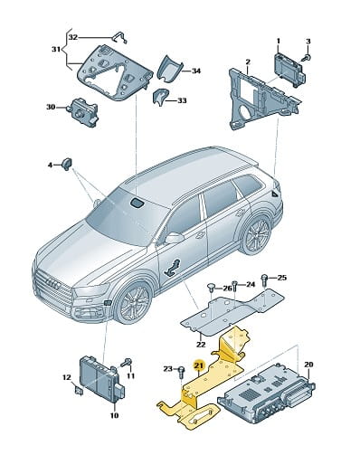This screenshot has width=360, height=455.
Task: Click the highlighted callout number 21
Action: tap(199, 365)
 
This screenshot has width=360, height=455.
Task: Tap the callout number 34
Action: tap(196, 71)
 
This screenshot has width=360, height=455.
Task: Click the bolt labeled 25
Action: tap(264, 279)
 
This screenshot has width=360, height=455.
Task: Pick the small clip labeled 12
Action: tap(79, 391)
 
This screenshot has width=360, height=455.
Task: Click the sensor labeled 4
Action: tap(67, 163)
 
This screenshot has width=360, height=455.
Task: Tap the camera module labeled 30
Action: tap(83, 110)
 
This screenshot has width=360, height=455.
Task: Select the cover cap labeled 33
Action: tap(161, 98)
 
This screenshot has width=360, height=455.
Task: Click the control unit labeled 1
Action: tap(290, 69)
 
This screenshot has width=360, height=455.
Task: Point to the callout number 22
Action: tap(201, 345)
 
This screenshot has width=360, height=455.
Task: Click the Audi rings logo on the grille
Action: tap(53, 282)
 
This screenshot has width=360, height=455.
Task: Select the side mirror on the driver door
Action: tap(174, 238)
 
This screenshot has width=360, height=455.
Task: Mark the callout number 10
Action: tap(114, 415)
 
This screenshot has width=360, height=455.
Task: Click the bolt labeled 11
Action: tap(127, 363)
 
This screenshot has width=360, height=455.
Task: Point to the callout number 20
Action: tap(308, 365)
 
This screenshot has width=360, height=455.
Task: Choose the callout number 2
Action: tap(248, 62)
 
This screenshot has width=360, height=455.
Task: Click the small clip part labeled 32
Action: tap(120, 37)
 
